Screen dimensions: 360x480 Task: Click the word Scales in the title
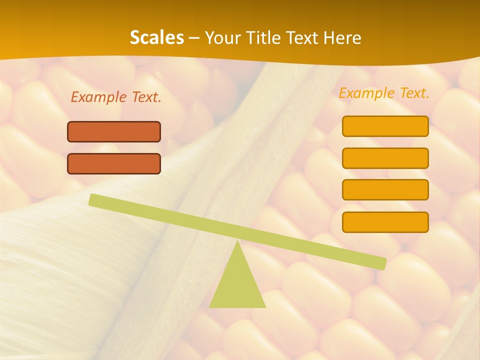click(156, 38)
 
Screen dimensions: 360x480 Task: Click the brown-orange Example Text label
click(116, 97)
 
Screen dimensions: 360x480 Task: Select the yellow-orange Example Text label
click(384, 93)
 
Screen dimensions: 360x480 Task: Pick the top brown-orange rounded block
click(114, 131)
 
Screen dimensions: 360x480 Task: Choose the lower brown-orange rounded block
click(114, 163)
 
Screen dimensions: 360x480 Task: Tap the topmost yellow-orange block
click(385, 126)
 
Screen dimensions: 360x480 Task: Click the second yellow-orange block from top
click(385, 158)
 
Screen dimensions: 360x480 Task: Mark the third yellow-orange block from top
click(385, 189)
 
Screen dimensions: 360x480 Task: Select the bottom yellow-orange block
click(385, 222)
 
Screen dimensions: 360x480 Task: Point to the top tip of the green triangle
click(237, 243)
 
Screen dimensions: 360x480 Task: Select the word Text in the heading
click(304, 38)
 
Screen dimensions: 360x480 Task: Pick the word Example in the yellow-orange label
click(366, 93)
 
